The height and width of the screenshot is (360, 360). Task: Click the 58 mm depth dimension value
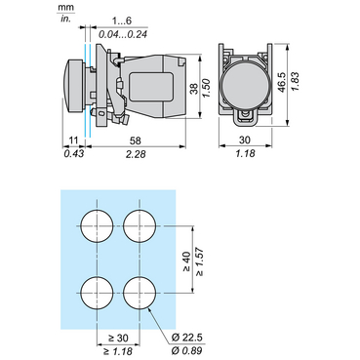136,140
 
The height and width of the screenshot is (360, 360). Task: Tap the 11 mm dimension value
74,140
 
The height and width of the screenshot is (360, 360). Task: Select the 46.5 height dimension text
282,82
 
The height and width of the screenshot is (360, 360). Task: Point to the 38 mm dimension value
194,89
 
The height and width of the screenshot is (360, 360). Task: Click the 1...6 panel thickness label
122,21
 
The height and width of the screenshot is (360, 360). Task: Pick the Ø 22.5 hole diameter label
187,338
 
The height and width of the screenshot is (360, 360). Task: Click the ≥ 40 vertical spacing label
187,261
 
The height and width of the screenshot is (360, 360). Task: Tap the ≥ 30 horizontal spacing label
118,339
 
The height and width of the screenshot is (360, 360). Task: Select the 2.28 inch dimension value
136,154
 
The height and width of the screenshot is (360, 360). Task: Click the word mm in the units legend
65,7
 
